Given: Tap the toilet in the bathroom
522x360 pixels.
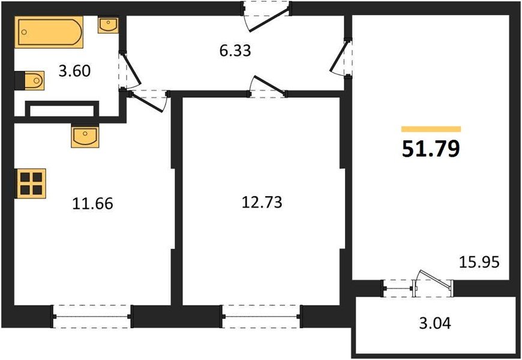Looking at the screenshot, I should click(30, 80).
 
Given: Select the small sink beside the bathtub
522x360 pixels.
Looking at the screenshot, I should click(107, 26).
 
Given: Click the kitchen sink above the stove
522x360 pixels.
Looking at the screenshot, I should click(84, 136).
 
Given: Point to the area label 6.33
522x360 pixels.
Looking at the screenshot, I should click(235, 51).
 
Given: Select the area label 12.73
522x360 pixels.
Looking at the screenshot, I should click(260, 202).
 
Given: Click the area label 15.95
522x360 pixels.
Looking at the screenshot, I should click(479, 262).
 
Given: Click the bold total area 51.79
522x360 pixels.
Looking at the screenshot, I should click(431, 148).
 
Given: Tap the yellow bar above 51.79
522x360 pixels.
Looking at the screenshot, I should click(431, 129).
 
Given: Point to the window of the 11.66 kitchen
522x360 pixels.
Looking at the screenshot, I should click(92, 316).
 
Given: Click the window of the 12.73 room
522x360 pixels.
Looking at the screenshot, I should click(261, 316).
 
